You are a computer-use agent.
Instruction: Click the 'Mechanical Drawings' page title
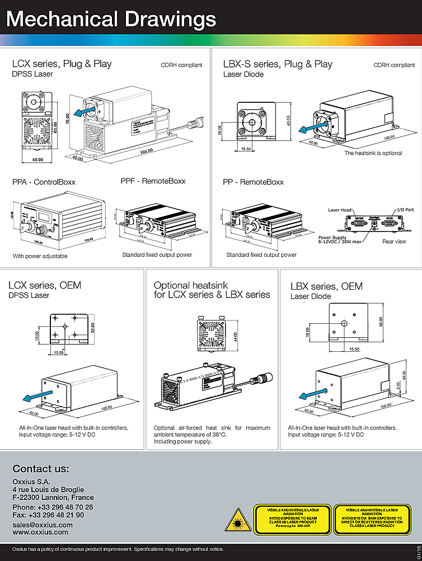(111, 19)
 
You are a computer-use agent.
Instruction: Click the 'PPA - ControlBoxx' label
(44, 182)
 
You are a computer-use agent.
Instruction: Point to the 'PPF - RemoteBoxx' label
(153, 181)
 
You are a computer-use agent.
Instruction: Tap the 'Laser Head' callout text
(340, 210)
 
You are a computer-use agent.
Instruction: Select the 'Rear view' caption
(395, 242)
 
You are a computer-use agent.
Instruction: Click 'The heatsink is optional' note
(373, 153)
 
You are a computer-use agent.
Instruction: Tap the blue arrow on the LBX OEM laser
(303, 397)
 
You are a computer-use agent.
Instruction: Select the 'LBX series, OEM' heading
(326, 286)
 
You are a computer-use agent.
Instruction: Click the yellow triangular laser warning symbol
(237, 520)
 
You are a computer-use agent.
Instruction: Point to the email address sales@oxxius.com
(43, 525)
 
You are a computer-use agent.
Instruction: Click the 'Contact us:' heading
(41, 469)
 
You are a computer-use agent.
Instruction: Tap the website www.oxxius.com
(40, 532)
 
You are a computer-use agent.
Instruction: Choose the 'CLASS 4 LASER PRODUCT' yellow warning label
(372, 518)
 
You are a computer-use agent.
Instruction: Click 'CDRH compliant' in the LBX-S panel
(394, 65)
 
